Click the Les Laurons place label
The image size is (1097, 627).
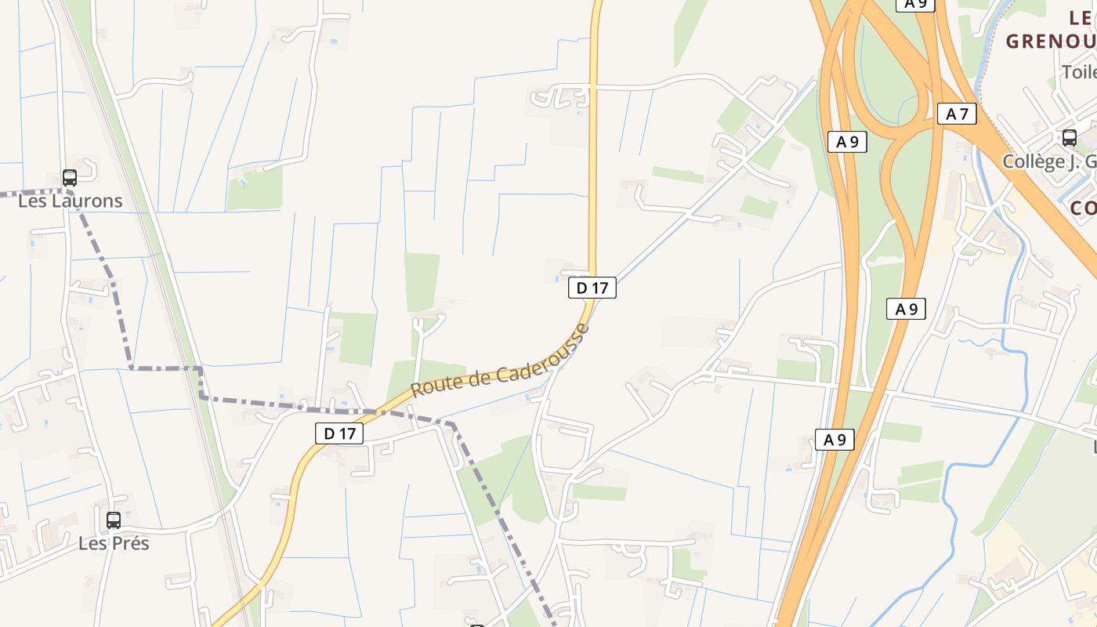(71, 201)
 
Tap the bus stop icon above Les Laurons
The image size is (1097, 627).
(70, 178)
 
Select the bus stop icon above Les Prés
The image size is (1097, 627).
(114, 520)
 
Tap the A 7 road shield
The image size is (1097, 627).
(957, 114)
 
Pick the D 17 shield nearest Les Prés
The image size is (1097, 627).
(339, 433)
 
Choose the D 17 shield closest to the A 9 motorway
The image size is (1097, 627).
(592, 288)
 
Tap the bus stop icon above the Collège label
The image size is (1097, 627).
(1069, 138)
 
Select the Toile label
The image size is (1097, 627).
(1079, 72)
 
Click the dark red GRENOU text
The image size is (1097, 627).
(1050, 41)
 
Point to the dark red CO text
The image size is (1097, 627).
(1083, 208)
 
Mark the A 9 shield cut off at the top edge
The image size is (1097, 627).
(915, 4)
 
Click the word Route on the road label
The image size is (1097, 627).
(433, 385)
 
